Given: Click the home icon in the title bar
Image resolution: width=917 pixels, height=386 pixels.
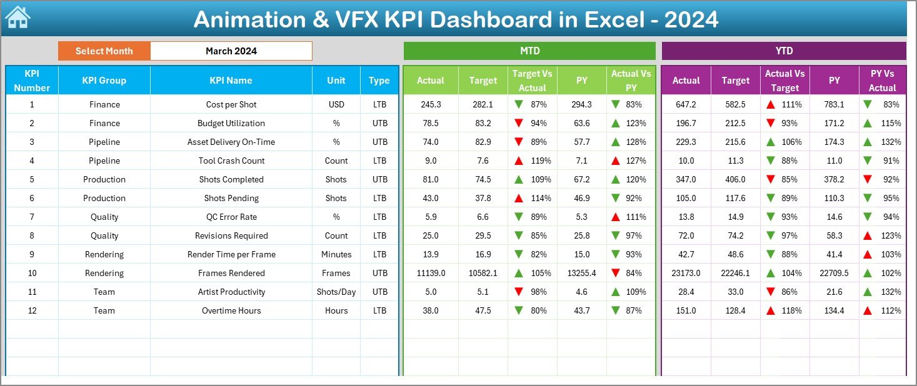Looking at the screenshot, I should [x=18, y=17].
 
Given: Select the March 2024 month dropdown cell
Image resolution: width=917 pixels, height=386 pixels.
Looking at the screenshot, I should [x=231, y=51].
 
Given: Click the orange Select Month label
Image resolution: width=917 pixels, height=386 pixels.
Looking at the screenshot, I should [x=104, y=51].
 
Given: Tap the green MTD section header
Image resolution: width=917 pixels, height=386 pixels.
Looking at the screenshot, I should [x=529, y=51].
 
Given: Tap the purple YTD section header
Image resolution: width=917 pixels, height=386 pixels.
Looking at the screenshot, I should [x=783, y=51].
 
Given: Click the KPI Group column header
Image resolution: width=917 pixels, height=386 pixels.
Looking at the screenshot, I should [x=104, y=81].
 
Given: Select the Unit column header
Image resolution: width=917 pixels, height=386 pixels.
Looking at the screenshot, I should [x=336, y=81].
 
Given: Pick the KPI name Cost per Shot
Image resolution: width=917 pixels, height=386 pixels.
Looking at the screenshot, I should [x=231, y=104].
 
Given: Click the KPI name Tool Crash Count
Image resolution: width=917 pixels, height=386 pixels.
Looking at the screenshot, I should [x=231, y=161].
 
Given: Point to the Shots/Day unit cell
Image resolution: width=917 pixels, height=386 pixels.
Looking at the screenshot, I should [x=336, y=292].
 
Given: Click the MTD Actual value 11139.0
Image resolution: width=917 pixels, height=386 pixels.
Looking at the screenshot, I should [x=430, y=273].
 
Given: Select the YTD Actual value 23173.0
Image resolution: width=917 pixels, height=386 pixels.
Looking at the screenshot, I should [x=685, y=273].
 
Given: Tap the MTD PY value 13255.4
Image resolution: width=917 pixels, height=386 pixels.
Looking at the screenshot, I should [x=581, y=273].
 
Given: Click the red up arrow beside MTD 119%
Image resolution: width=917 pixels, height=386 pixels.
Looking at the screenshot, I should [x=518, y=161].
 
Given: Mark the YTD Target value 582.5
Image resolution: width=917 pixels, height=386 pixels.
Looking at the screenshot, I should [x=735, y=104].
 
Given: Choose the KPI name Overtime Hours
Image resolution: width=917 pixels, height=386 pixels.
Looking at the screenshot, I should [x=231, y=310].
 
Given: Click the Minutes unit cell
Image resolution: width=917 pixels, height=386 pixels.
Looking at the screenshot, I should [x=336, y=254].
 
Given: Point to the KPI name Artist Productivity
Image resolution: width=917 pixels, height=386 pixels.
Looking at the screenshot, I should [x=231, y=292].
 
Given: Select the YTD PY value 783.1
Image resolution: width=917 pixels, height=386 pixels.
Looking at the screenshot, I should [x=834, y=104].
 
